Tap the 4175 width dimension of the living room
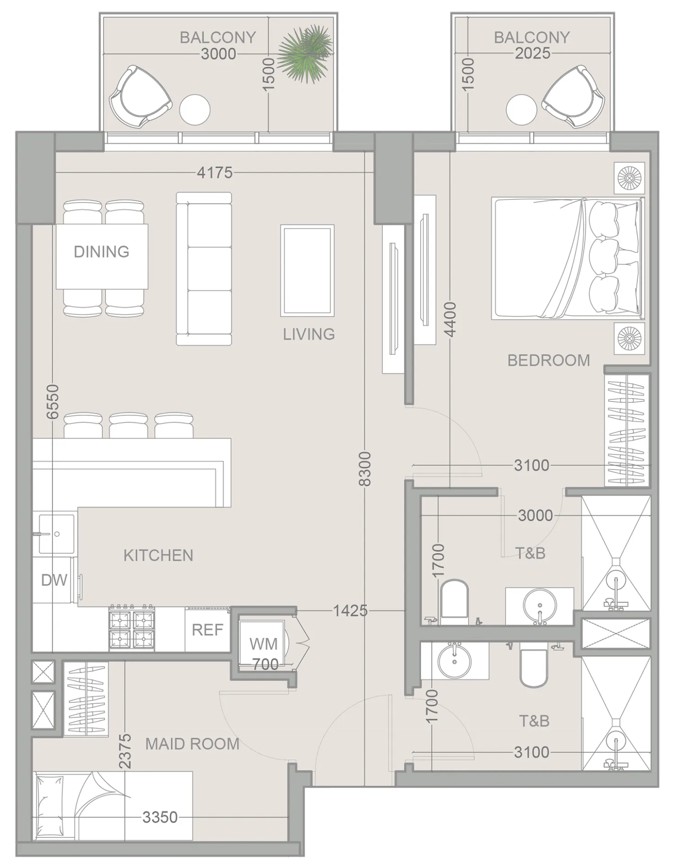coord(214,173)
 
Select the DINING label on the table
coord(102,252)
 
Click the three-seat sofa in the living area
coord(204,269)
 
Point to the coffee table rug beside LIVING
coord(307,270)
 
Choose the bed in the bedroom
coord(566,258)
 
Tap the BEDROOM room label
coord(548,361)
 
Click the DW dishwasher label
coord(54,580)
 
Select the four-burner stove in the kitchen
coord(132,628)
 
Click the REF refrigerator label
coord(207,630)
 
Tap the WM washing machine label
coord(263,644)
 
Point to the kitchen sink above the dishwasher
coord(56,534)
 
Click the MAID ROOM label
coord(192,744)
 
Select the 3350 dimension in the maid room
coord(159,817)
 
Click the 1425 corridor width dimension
coord(350,610)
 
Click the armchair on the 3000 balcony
coord(140,97)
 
